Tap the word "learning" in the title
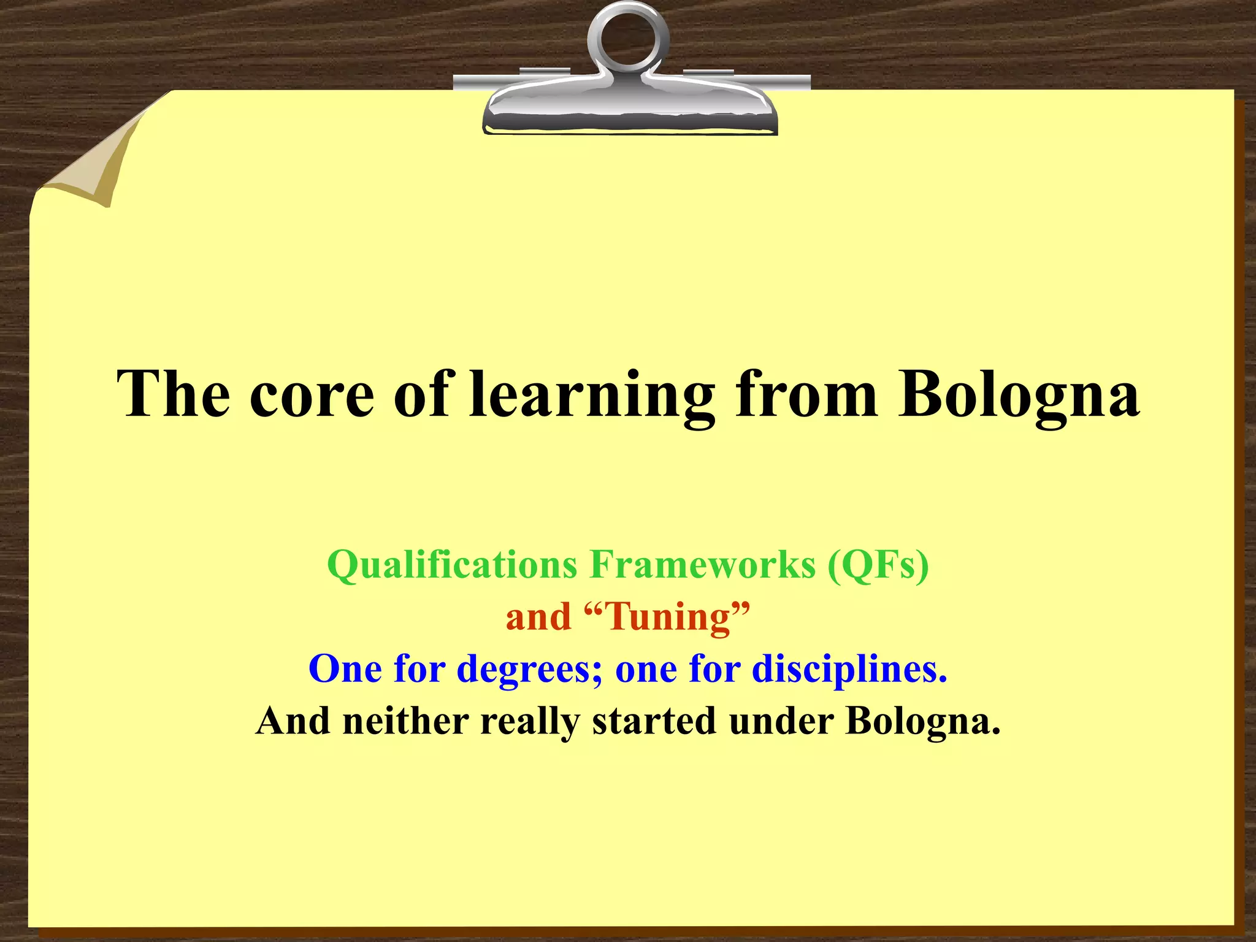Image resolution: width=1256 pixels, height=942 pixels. coord(592,396)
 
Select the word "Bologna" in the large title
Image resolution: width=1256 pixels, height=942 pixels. coord(1019,396)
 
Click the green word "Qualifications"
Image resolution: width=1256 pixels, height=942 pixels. coord(452,564)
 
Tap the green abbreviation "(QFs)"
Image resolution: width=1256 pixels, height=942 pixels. coord(878,564)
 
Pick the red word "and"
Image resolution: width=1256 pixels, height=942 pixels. coord(538,616)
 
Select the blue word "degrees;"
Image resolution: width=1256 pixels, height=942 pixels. coord(531,669)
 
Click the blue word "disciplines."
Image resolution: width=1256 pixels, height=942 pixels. coord(849,668)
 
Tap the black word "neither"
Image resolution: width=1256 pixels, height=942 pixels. coord(406,721)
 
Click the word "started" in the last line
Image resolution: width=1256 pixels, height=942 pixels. coord(654,721)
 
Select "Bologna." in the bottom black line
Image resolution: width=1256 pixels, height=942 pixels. coord(923,721)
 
